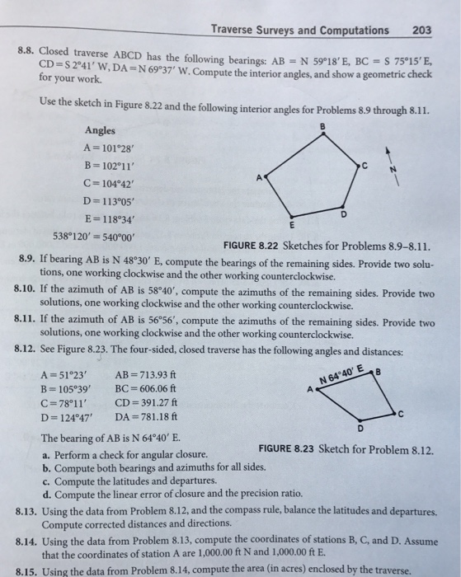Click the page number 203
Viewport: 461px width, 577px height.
click(421, 30)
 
